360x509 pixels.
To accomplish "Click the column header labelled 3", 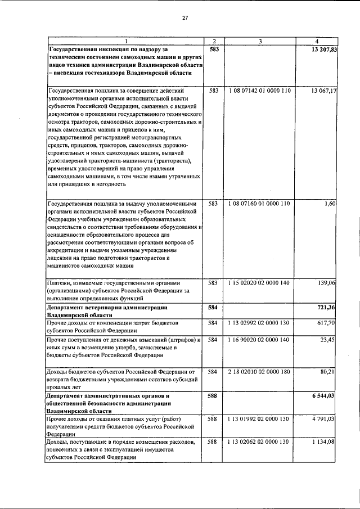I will click(x=260, y=42).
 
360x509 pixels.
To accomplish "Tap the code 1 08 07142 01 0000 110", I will click(x=260, y=90).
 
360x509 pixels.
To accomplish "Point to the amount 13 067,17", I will click(x=323, y=90).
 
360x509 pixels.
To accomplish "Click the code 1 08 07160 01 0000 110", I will click(x=260, y=203).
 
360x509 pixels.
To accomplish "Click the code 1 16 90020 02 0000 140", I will click(x=260, y=340).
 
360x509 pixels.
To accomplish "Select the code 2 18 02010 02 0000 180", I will click(x=260, y=372).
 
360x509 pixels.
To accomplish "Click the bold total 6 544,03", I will click(x=324, y=396).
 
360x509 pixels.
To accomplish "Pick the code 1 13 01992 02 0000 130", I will click(x=260, y=419).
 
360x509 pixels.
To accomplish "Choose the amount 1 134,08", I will click(x=324, y=443).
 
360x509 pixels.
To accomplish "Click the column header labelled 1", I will click(x=125, y=42).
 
